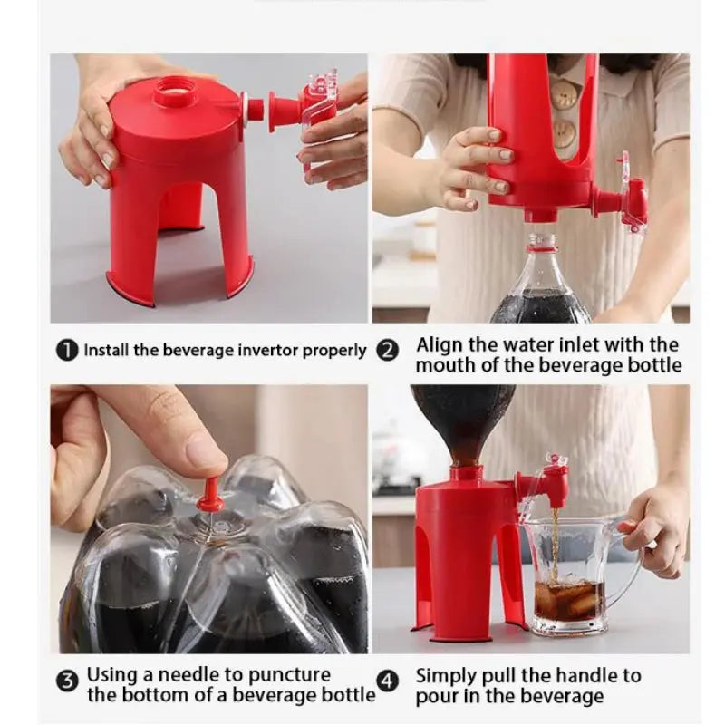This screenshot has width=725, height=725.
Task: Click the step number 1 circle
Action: (x=67, y=351)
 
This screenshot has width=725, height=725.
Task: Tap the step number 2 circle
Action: (x=388, y=351)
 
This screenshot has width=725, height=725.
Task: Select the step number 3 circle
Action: (x=67, y=681)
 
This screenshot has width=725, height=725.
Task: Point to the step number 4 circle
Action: (x=388, y=681)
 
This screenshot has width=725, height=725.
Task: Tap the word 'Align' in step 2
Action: (x=440, y=345)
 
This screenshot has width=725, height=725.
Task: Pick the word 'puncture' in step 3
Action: (x=289, y=676)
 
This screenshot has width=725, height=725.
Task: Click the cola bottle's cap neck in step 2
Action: (x=542, y=245)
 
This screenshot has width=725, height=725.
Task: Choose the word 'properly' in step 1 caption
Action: (x=333, y=352)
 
